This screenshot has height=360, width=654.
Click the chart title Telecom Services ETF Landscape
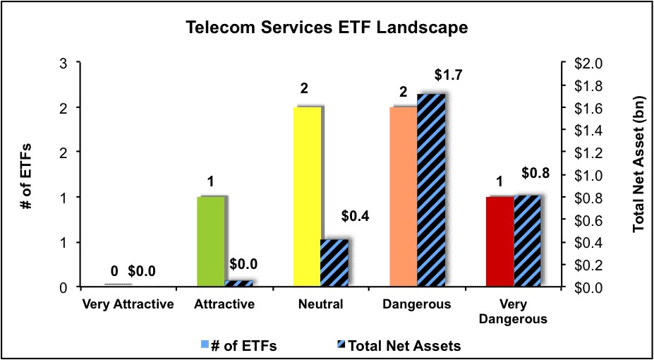click(x=326, y=28)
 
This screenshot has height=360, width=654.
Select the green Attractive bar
click(x=210, y=241)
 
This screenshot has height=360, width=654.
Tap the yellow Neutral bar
click(x=307, y=197)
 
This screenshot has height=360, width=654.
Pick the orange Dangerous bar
click(x=404, y=197)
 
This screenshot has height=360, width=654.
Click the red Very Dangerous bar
click(x=500, y=241)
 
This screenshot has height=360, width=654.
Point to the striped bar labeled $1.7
click(x=431, y=191)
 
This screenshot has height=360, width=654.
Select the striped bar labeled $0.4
click(x=334, y=263)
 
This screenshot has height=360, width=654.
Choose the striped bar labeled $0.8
click(x=527, y=241)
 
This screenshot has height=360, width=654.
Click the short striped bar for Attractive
click(x=239, y=284)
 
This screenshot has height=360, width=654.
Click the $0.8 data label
click(x=535, y=173)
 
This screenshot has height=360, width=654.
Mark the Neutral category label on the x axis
click(x=321, y=304)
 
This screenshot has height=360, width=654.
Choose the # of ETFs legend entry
click(x=238, y=346)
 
